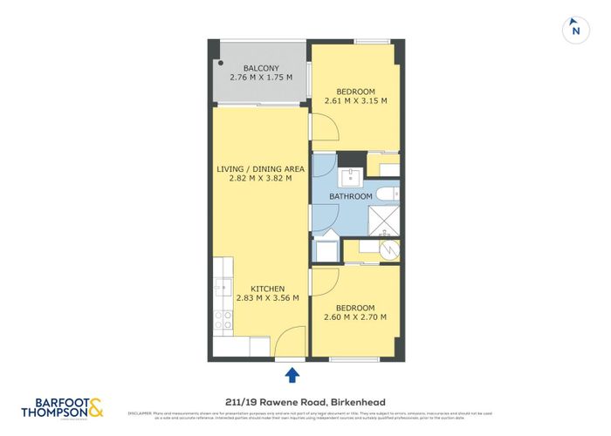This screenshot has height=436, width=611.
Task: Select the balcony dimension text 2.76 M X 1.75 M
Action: tap(260, 78)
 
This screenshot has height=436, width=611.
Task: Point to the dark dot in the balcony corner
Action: tap(221, 63)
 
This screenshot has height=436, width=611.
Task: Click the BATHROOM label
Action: tap(350, 196)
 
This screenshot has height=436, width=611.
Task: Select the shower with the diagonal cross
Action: tap(384, 221)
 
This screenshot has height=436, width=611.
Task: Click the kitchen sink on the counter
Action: tap(222, 286)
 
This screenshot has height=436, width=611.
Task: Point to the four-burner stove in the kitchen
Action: tap(223, 320)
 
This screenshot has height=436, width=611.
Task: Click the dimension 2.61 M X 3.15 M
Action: tap(355, 101)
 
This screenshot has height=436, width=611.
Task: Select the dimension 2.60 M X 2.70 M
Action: tap(355, 317)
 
